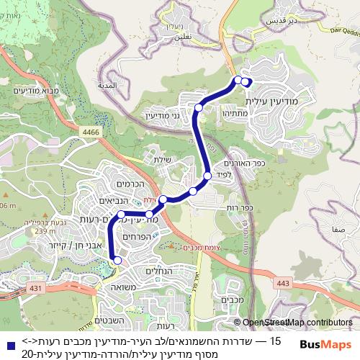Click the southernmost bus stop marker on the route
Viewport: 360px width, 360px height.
pos(117,261)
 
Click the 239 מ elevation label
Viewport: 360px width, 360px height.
pos(44,231)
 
